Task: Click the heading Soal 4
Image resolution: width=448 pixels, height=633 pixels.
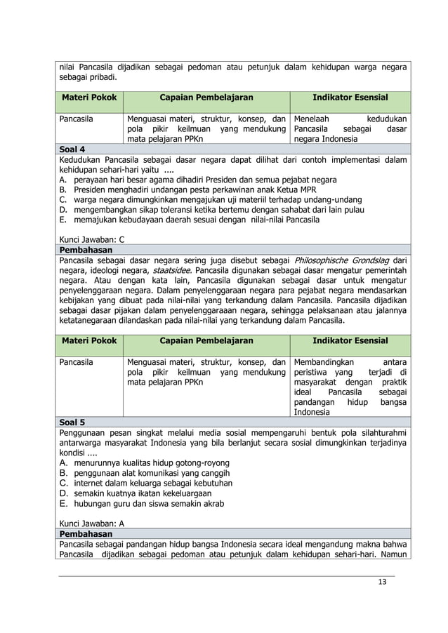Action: point(72,149)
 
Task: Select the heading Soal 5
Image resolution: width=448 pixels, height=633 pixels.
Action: point(72,422)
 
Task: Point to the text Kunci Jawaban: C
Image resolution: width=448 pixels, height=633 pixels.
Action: point(92,239)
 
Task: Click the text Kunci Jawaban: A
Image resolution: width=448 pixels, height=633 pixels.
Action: point(92,524)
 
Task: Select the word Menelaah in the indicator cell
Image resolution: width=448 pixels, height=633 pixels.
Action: point(311,119)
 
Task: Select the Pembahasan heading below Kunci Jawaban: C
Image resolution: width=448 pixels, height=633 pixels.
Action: point(84,249)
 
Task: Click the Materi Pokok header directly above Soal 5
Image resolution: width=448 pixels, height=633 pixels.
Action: point(88,341)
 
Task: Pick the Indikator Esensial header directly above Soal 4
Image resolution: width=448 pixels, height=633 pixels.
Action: point(350,98)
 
